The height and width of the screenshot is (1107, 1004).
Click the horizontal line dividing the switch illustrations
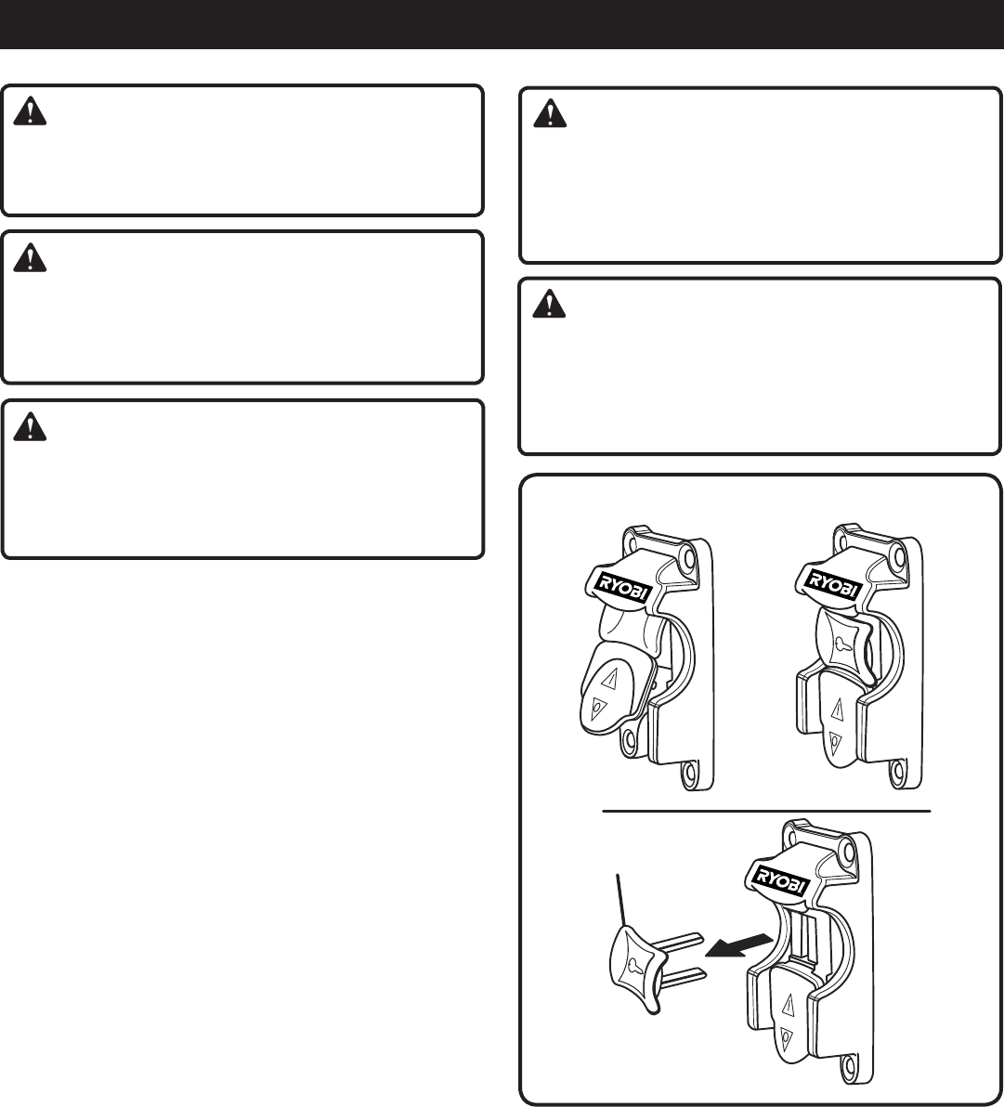[x=767, y=811]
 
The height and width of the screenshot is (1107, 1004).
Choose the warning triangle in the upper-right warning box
[x=550, y=115]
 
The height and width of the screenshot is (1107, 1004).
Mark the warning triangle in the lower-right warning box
[x=550, y=306]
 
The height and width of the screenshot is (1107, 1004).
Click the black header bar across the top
[x=502, y=24]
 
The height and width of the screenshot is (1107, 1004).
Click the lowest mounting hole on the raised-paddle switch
[x=690, y=772]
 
